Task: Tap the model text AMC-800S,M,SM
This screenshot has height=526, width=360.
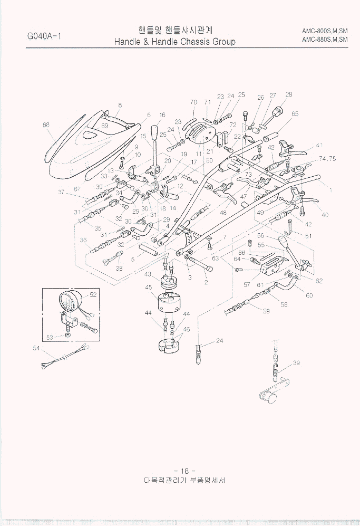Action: (325, 31)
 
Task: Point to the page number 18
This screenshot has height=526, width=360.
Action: (184, 471)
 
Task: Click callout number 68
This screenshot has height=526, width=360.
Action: (46, 125)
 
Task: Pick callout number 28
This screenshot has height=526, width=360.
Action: (288, 94)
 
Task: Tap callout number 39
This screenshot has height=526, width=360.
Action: (296, 363)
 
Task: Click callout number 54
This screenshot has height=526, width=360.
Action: (36, 348)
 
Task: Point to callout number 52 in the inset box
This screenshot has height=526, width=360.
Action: (93, 295)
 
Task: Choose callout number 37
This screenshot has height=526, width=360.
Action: (62, 192)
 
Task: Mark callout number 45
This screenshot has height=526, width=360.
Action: (148, 287)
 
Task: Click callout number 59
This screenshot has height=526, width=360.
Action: (266, 311)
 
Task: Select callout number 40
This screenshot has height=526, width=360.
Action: (325, 215)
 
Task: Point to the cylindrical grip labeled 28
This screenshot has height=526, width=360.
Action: (277, 113)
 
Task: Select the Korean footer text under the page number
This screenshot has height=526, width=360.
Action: (184, 482)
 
